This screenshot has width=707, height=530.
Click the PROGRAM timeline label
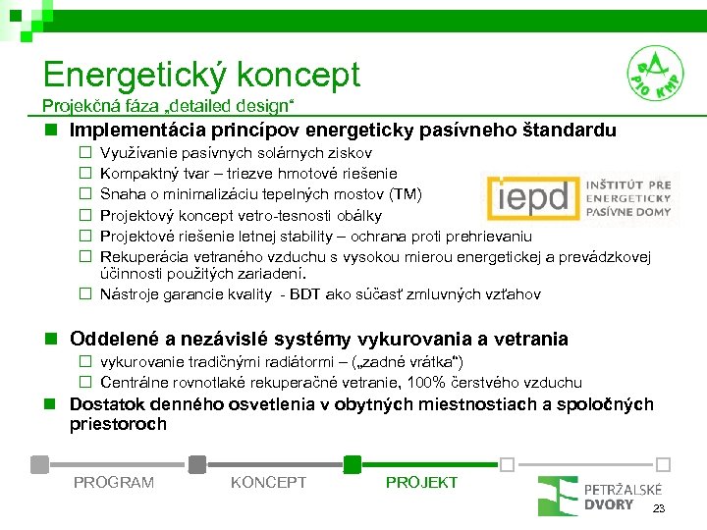pyautogui.click(x=113, y=482)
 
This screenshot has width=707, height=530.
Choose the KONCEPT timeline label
pyautogui.click(x=268, y=482)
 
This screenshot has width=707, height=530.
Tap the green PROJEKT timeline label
pyautogui.click(x=421, y=482)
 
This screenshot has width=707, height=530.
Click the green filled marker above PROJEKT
pyautogui.click(x=353, y=463)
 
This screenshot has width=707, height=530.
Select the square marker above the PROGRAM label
pyautogui.click(x=40, y=463)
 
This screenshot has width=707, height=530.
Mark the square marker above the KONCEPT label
pyautogui.click(x=196, y=463)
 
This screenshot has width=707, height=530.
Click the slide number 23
pyautogui.click(x=660, y=508)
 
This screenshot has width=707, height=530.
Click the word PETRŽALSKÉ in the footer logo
pyautogui.click(x=622, y=489)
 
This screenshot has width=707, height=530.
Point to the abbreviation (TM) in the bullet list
pyautogui.click(x=406, y=193)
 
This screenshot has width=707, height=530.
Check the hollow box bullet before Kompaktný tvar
pyautogui.click(x=85, y=174)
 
